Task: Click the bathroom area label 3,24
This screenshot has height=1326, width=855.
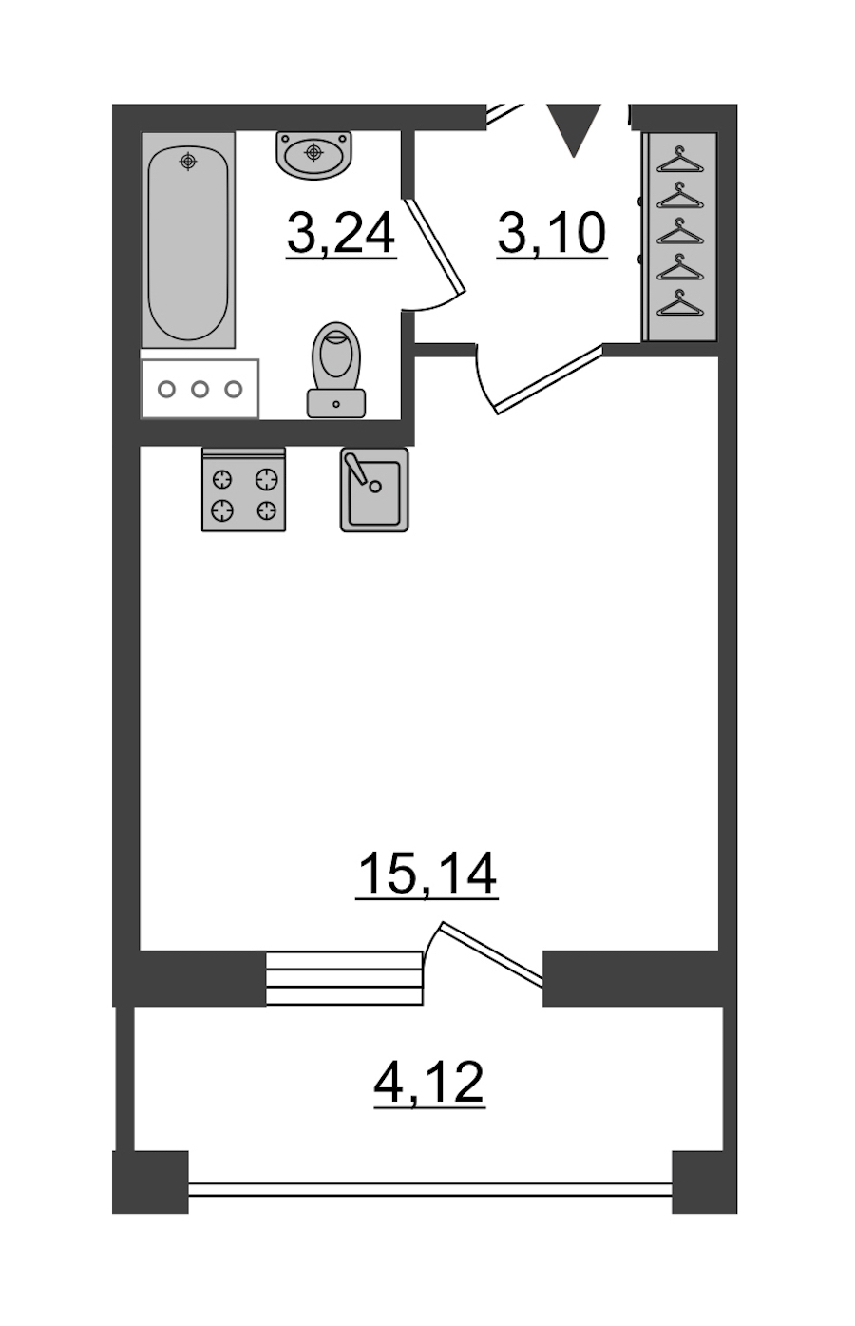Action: [341, 235]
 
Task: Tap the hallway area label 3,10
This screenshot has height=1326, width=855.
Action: [552, 235]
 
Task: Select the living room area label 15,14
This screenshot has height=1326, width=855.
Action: [427, 875]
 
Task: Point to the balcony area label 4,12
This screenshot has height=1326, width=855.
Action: [429, 1083]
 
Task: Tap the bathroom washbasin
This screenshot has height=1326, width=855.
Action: [313, 155]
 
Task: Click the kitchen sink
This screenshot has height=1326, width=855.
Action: [374, 489]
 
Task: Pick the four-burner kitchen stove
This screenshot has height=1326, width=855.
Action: [244, 490]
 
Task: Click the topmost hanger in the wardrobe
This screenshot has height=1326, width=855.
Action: [680, 161]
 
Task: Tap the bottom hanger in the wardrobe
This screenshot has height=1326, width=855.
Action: [680, 303]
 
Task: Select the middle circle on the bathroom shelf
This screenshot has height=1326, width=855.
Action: [200, 389]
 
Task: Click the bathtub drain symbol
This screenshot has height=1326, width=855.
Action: [188, 161]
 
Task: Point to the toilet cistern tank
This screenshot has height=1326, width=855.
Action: [336, 403]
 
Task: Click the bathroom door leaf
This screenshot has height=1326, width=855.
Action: [435, 245]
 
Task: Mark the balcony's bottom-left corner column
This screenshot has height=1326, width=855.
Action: [150, 1182]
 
